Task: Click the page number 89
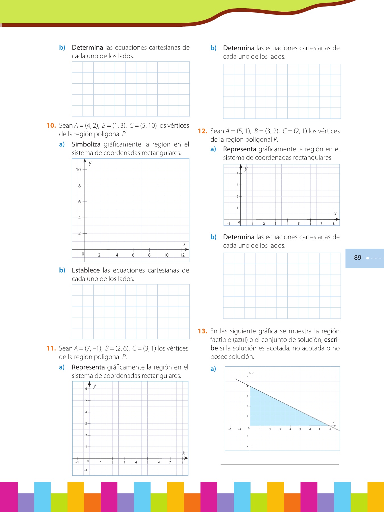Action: pyautogui.click(x=358, y=258)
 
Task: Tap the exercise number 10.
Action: pyautogui.click(x=51, y=125)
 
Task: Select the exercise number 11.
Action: pyautogui.click(x=51, y=348)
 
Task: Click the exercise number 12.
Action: pyautogui.click(x=203, y=131)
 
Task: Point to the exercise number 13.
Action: pyautogui.click(x=203, y=331)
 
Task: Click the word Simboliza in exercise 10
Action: pyautogui.click(x=86, y=144)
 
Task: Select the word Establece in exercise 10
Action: pyautogui.click(x=86, y=270)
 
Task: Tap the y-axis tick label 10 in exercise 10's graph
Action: pyautogui.click(x=78, y=170)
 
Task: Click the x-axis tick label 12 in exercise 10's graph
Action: pyautogui.click(x=182, y=255)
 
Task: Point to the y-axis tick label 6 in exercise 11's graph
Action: pyautogui.click(x=86, y=389)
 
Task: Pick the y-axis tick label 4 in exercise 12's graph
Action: pyautogui.click(x=238, y=173)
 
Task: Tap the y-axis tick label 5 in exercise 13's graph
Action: pyautogui.click(x=247, y=376)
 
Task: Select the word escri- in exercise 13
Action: pyautogui.click(x=332, y=340)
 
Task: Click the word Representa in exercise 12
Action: pyautogui.click(x=240, y=149)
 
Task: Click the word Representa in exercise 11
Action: pyautogui.click(x=88, y=367)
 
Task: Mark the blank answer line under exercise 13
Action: pyautogui.click(x=280, y=464)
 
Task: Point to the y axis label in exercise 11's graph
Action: pyautogui.click(x=95, y=386)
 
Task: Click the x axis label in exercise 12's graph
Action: pyautogui.click(x=335, y=214)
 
